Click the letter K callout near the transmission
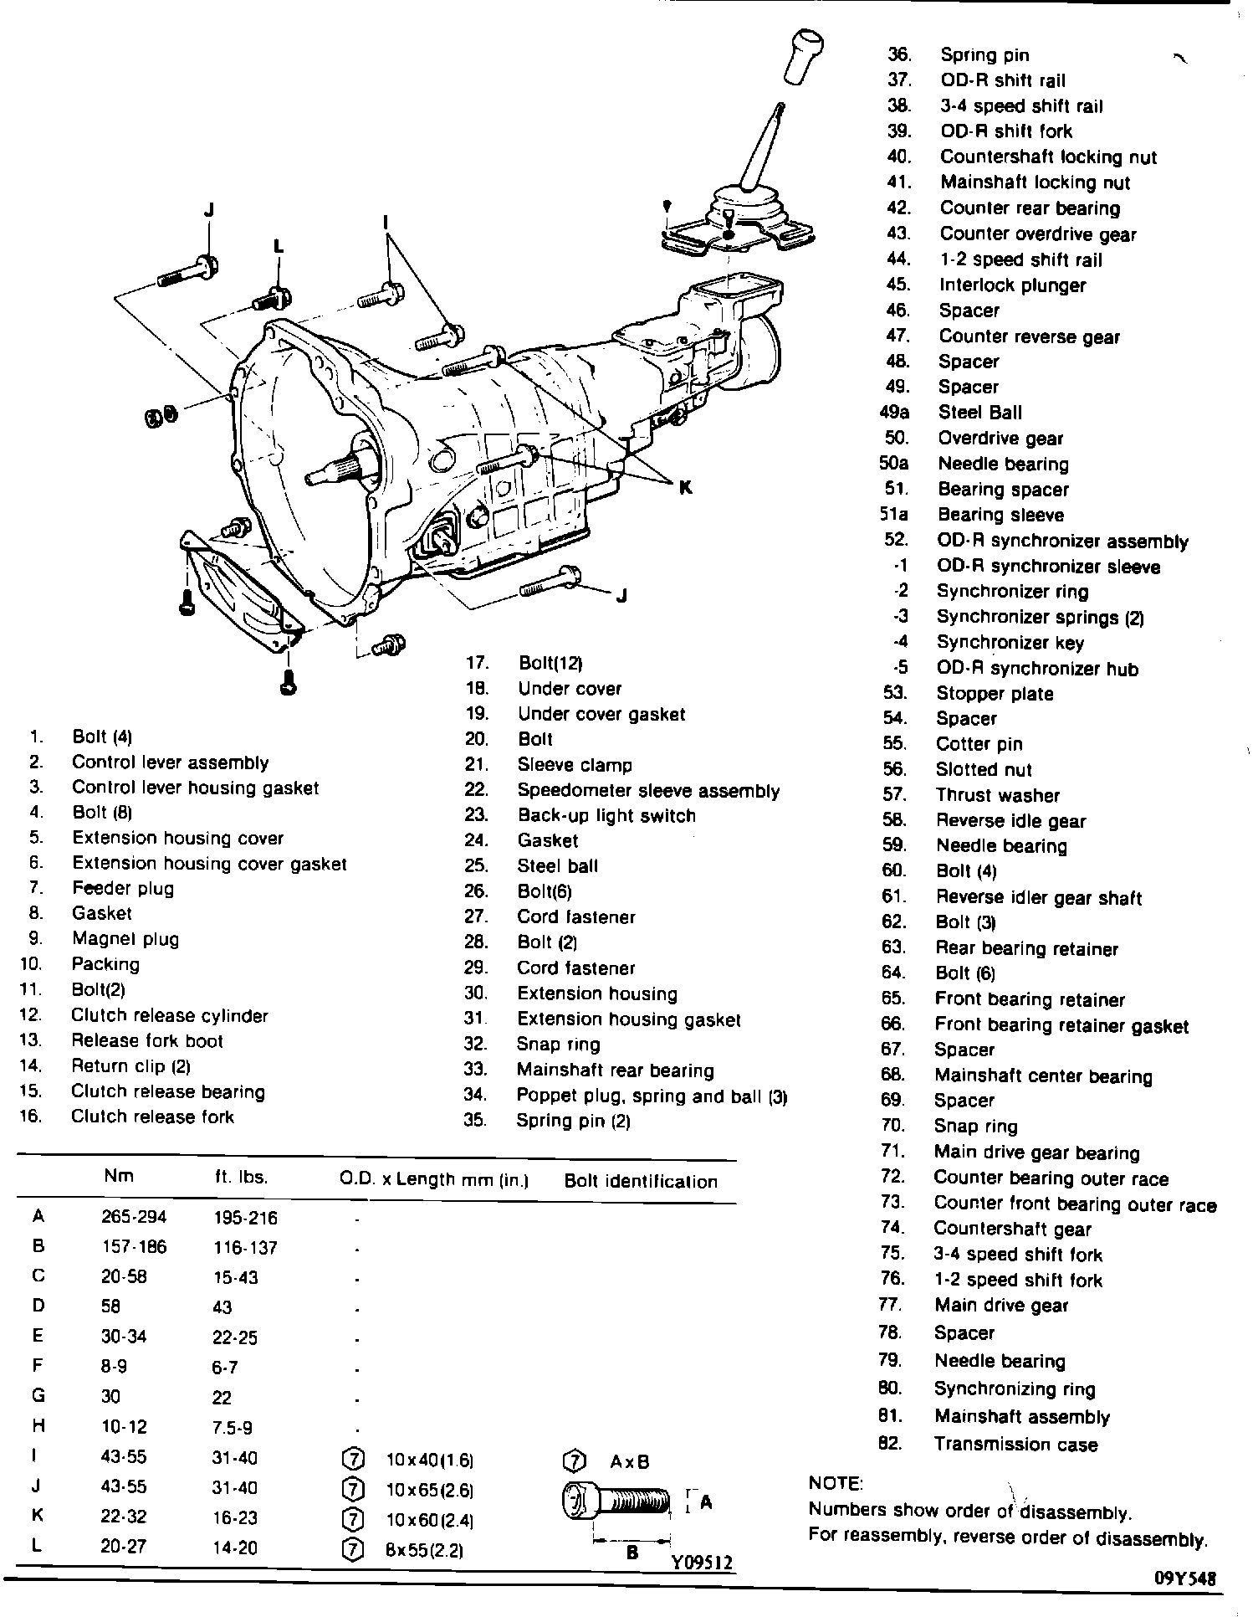tap(685, 486)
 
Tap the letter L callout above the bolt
tap(279, 245)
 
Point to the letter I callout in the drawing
tap(386, 223)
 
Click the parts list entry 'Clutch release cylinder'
tap(169, 1015)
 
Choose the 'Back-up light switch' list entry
tap(606, 815)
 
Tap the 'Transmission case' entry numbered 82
tap(1015, 1444)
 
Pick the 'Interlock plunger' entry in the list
tap(1012, 285)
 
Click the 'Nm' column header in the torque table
tap(119, 1176)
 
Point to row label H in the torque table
tap(38, 1425)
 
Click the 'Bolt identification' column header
tap(641, 1181)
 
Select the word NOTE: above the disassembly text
tap(836, 1483)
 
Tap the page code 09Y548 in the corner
tap(1184, 1578)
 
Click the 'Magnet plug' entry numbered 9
tap(125, 939)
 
